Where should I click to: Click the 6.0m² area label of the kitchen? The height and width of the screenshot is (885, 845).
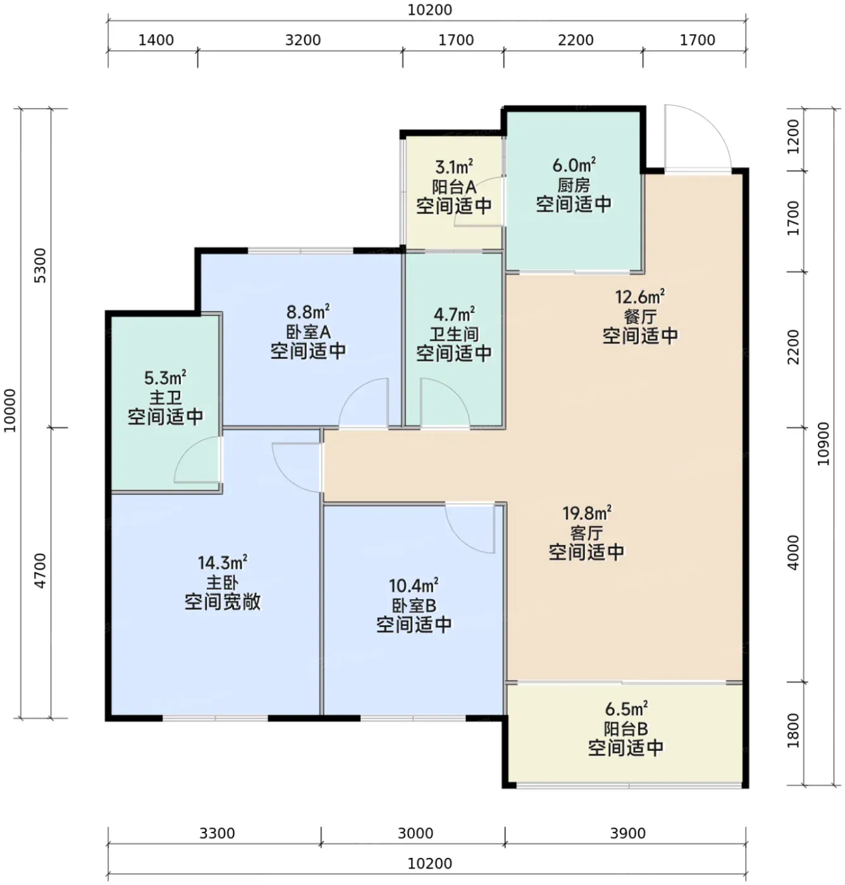click(574, 165)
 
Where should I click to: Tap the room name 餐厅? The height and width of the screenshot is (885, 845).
click(639, 317)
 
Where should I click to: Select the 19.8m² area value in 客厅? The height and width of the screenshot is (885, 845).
click(587, 513)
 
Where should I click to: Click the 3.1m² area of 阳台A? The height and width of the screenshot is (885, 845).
click(453, 168)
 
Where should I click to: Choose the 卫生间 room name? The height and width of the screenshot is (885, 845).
click(453, 334)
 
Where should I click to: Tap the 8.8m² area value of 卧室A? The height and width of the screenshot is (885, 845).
click(308, 312)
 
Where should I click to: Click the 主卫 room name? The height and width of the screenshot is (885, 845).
click(165, 398)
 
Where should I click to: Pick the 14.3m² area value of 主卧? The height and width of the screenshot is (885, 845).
click(223, 562)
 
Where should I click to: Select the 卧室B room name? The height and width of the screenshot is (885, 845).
click(414, 606)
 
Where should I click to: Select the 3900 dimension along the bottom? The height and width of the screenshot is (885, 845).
click(628, 833)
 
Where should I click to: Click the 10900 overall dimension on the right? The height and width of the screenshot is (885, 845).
click(823, 444)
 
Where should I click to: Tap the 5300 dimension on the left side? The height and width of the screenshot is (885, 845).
click(40, 265)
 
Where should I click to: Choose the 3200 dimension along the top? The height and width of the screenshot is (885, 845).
click(303, 40)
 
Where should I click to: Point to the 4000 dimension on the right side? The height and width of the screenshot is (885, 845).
click(793, 552)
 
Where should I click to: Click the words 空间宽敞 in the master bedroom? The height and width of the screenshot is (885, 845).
click(223, 602)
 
